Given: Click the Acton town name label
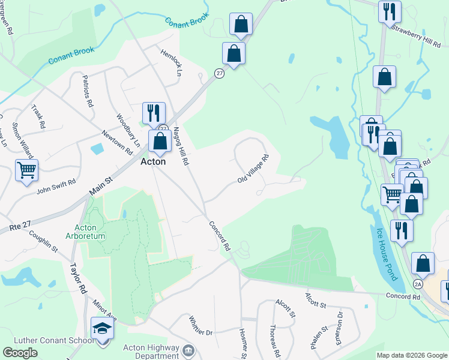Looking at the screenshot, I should [x=152, y=161].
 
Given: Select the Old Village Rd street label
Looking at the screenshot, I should [x=253, y=170].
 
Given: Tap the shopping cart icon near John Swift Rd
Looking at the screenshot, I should [x=26, y=171].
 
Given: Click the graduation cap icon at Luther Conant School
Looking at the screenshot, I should [x=102, y=329].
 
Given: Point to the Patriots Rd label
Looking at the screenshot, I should [x=88, y=94].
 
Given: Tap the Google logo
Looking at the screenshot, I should [x=20, y=352].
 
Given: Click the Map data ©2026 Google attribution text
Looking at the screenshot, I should [x=411, y=355].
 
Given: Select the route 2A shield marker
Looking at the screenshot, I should [x=418, y=283].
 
